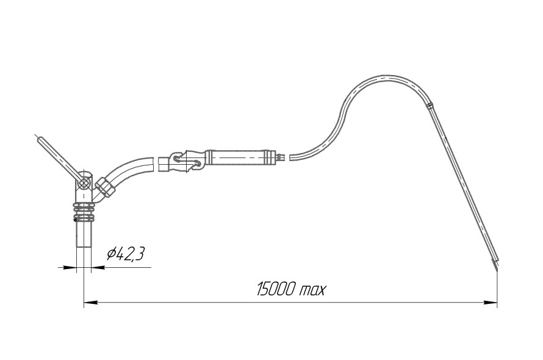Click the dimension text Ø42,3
click(125, 254)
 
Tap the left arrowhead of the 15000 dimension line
click(91, 303)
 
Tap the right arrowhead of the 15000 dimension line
click(491, 303)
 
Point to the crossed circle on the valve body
click(84, 182)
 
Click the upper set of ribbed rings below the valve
click(84, 207)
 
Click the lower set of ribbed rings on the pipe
click(84, 218)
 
